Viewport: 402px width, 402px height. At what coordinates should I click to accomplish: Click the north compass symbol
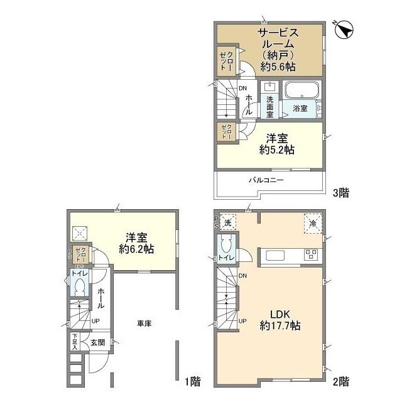click(345, 30)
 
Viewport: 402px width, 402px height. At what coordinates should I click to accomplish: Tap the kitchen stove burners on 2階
click(312, 255)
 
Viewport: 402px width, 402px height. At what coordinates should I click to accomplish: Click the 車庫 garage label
click(144, 323)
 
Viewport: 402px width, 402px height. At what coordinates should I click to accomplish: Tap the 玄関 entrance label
click(97, 342)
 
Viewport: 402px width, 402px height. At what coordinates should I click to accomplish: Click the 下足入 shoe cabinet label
click(74, 342)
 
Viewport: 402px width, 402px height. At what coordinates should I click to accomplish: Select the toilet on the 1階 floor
click(79, 286)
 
